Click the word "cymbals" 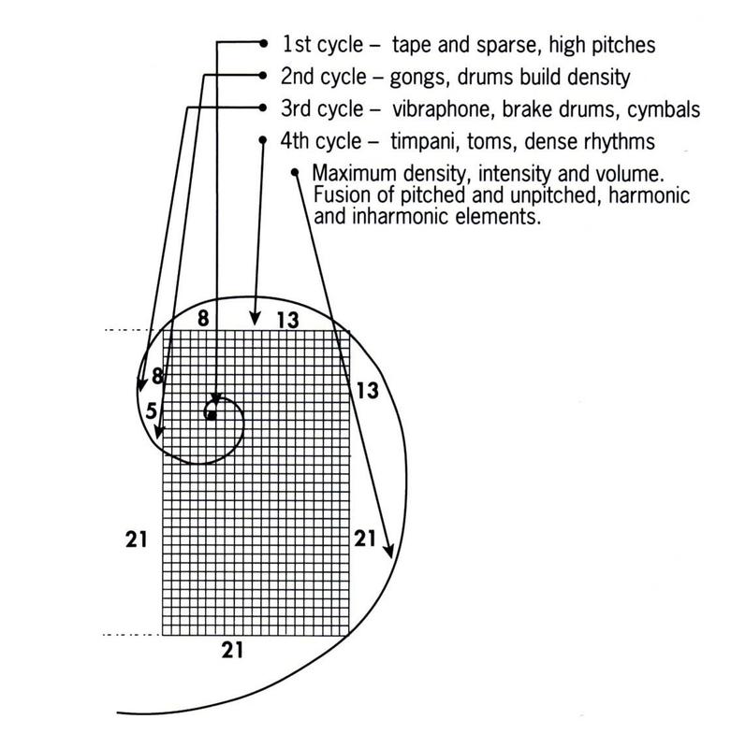[664, 110]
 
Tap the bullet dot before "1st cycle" [263, 43]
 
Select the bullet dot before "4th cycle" [262, 139]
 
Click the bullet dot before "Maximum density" [295, 172]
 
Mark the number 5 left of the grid [152, 410]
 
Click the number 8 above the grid [203, 318]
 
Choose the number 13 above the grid [288, 320]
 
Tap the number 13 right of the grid [367, 391]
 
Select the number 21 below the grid [232, 650]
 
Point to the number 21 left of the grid [136, 539]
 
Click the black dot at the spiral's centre [212, 415]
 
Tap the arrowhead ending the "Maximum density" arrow [389, 550]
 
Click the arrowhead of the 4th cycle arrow [256, 318]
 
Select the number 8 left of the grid [157, 377]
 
